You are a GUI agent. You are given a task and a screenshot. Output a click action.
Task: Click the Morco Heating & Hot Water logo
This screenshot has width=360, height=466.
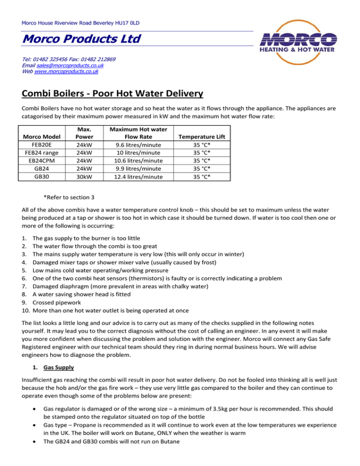(x=299, y=42)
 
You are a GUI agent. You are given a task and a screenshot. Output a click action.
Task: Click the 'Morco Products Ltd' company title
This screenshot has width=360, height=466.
(x=75, y=39)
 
